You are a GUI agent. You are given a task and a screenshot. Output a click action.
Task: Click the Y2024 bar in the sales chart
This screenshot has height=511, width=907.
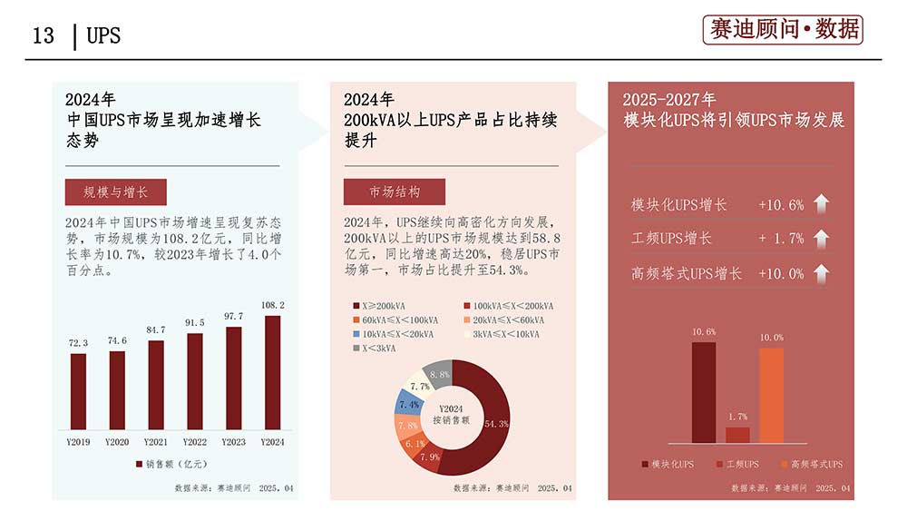[272, 372]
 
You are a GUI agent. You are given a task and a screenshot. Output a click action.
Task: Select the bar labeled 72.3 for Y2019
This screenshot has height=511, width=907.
[79, 391]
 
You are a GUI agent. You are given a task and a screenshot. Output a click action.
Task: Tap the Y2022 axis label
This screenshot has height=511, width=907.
[195, 442]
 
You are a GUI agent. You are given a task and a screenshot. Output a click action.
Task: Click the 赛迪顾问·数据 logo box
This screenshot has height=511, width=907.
[783, 30]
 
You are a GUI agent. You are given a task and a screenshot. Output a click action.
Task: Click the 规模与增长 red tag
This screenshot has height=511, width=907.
[115, 192]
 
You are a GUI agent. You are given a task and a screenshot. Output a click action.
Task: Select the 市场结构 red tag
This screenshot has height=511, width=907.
[395, 192]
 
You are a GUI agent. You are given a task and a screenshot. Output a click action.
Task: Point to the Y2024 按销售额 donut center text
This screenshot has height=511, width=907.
[453, 415]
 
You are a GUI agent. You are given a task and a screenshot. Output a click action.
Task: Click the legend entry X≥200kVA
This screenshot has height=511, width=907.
[381, 306]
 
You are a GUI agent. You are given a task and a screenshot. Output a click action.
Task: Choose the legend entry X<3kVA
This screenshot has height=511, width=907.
[375, 348]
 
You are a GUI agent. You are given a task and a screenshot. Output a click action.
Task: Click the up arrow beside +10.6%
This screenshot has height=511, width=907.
[821, 204]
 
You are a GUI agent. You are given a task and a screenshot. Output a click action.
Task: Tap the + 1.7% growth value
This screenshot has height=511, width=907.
[781, 239]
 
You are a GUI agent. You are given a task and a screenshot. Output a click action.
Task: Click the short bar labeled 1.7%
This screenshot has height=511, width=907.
[737, 435]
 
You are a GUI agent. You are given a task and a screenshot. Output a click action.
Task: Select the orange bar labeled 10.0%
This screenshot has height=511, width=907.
[771, 395]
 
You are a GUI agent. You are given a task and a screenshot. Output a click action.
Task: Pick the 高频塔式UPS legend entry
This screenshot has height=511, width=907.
[810, 465]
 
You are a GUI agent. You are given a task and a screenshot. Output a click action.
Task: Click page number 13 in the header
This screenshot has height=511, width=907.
[43, 36]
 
